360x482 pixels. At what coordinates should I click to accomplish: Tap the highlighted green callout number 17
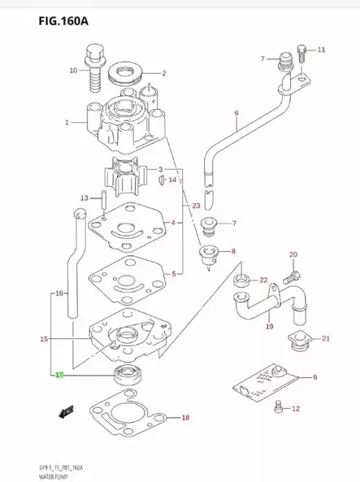[59, 376]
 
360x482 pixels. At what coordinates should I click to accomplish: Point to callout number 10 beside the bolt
[73, 71]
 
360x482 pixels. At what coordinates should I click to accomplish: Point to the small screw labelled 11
[301, 54]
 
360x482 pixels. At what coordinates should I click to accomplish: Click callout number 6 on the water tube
[236, 113]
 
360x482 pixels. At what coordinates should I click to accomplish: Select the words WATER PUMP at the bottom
[24, 476]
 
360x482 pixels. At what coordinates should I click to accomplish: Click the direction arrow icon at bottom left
[63, 412]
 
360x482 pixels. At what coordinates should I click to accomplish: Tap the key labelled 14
[163, 180]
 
